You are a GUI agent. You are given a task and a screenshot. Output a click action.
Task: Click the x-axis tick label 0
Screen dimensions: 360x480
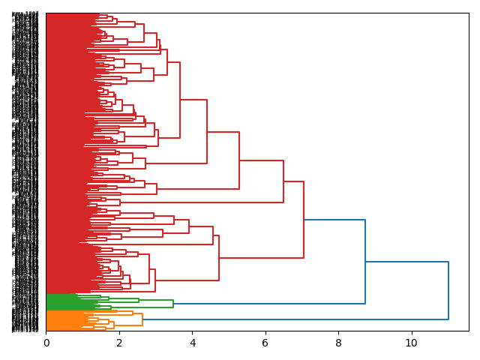pos(46,343)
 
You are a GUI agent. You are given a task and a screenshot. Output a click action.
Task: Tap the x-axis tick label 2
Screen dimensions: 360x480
pos(119,343)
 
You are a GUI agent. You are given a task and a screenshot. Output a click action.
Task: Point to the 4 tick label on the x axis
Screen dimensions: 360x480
pos(192,343)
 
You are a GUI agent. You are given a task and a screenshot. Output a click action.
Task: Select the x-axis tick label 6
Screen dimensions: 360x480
pos(265,343)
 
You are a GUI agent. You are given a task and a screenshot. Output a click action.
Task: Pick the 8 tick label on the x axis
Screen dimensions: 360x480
pos(338,343)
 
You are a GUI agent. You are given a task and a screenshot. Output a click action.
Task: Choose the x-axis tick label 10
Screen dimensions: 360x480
pos(411,343)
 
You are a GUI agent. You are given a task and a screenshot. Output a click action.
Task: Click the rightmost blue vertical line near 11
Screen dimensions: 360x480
pos(448,291)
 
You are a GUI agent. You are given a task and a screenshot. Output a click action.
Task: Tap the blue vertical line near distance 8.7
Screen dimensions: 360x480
pos(365,262)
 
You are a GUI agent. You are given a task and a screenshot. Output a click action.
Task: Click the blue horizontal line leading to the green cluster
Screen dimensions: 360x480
pos(269,304)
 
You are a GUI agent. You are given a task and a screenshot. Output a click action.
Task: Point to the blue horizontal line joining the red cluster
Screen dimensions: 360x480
pos(334,220)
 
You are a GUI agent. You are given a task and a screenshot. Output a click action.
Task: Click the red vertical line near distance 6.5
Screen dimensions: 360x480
pos(283,181)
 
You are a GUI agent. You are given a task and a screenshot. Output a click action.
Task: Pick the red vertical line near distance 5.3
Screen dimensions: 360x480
pos(239,160)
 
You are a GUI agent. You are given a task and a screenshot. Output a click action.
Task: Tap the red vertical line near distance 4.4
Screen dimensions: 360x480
pos(207,131)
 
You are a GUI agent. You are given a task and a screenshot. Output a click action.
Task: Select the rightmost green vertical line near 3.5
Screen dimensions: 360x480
pos(173,304)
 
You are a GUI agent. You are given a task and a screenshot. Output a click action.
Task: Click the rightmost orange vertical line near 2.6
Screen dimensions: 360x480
pos(142,319)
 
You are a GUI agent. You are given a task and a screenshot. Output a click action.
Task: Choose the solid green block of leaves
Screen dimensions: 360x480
pos(60,301)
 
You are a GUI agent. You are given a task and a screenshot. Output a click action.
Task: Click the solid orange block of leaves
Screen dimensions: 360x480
pos(60,320)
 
